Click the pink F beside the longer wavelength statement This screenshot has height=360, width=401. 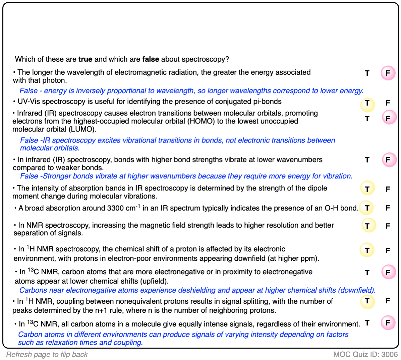tap(388, 73)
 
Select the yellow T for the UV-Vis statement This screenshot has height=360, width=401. tap(367, 104)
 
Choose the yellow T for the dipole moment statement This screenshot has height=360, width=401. tap(367, 189)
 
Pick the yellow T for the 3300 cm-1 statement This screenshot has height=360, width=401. tap(367, 208)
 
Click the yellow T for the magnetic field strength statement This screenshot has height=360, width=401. tap(368, 226)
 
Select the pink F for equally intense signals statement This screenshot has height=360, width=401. tap(388, 323)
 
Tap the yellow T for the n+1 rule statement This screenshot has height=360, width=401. tap(367, 301)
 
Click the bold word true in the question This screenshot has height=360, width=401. tap(85, 59)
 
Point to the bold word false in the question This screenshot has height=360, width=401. tap(151, 59)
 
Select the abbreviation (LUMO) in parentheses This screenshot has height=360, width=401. tap(82, 129)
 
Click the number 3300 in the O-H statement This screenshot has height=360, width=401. tap(116, 208)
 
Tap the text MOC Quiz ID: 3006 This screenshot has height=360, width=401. tap(365, 355)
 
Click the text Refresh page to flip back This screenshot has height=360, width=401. tap(47, 355)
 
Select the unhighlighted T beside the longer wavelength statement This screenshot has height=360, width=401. tap(367, 73)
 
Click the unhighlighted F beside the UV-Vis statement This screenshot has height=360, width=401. tap(388, 103)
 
